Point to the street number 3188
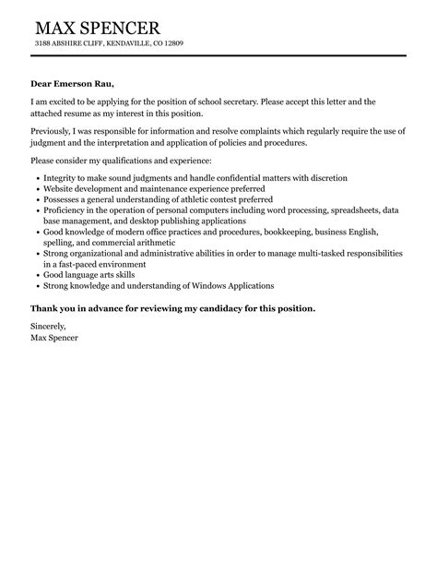[44, 43]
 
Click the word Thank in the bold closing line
[45, 308]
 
